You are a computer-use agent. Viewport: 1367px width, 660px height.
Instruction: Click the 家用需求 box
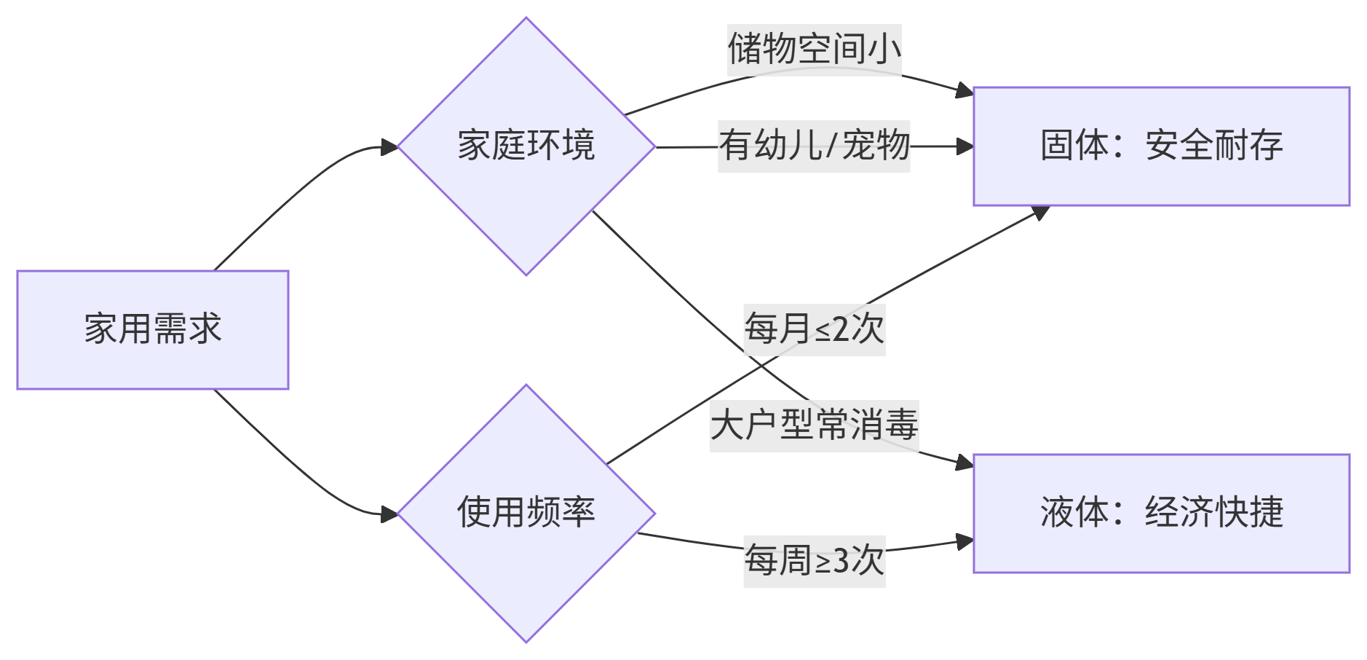153,329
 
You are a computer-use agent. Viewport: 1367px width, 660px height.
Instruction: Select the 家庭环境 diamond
526,146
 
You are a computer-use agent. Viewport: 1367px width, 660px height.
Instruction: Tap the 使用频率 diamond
526,513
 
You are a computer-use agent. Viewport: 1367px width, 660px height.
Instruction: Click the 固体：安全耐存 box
1161,146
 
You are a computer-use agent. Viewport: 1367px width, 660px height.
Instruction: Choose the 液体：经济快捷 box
1161,513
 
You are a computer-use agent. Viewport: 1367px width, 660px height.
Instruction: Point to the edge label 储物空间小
814,50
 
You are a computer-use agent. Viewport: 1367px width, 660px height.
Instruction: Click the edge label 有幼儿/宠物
814,146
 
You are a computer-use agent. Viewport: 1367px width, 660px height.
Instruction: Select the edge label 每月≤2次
814,329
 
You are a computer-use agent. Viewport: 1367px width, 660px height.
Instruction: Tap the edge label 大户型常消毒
814,425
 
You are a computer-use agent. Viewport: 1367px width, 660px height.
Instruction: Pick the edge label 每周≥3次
814,561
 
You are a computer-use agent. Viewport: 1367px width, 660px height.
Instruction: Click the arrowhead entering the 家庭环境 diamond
389,147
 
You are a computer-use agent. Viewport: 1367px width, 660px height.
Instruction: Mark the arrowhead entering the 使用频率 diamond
389,514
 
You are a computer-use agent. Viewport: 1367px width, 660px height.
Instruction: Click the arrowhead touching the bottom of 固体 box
1041,212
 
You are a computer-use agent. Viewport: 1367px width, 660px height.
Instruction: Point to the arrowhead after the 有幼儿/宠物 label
965,146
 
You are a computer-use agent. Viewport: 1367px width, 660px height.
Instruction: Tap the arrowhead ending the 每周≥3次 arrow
965,541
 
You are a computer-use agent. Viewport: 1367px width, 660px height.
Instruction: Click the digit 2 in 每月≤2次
841,329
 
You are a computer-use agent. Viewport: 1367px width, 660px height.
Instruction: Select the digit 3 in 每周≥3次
841,561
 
